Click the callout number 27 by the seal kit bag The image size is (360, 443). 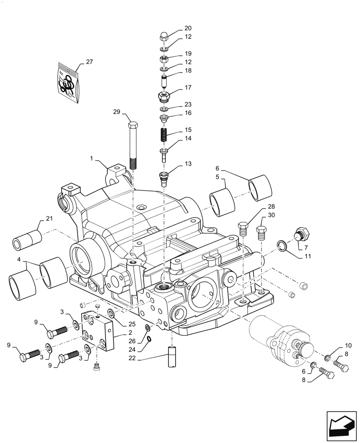coord(90,62)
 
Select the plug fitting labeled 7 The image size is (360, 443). coord(301,233)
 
